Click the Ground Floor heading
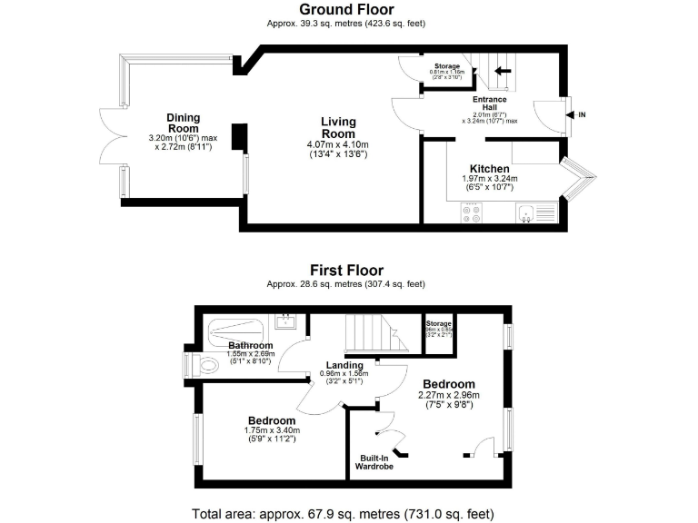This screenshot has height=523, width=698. coord(345,10)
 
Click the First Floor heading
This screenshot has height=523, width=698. coord(346,270)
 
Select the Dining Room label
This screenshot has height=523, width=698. coord(184,123)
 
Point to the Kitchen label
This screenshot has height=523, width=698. coord(489,169)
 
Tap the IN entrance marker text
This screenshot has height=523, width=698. coord(583,115)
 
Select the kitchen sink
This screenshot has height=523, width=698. coord(526,212)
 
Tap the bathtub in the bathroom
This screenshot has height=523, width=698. coord(236,327)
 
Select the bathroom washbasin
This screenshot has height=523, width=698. coord(287,320)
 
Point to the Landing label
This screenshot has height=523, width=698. coord(344,365)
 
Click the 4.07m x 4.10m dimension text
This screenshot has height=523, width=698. coord(338,144)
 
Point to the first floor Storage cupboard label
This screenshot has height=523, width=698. coord(439,324)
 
